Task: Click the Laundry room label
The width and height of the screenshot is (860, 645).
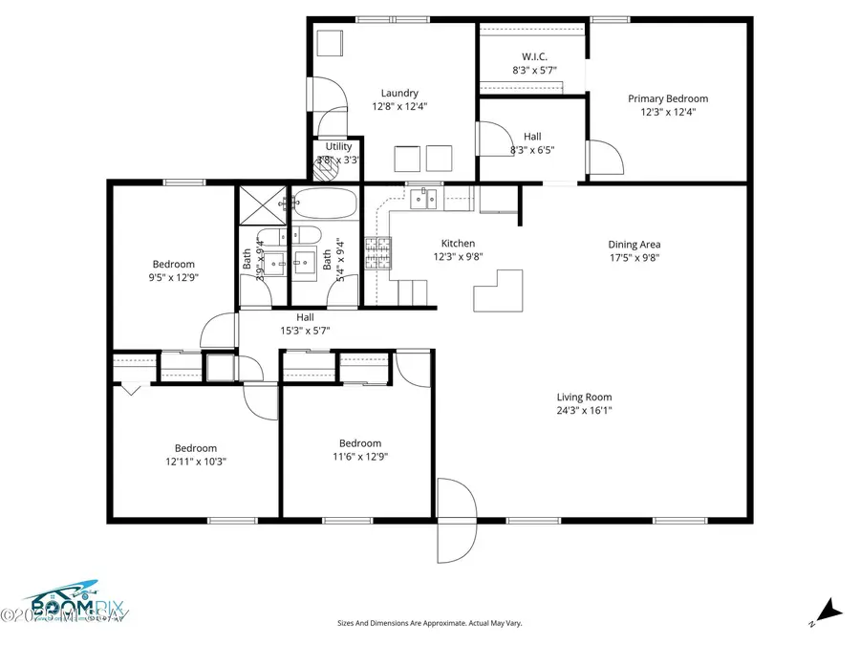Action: tap(399, 93)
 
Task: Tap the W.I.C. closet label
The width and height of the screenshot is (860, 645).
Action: tap(533, 56)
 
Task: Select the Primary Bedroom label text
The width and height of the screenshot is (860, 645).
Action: tap(667, 98)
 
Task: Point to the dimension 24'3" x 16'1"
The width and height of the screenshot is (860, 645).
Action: tap(584, 411)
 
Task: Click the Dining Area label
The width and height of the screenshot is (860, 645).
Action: tap(634, 244)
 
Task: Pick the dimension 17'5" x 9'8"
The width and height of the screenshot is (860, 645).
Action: tap(634, 257)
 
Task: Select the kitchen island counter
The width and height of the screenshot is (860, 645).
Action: tap(499, 289)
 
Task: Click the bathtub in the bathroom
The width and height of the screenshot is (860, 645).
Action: tap(325, 204)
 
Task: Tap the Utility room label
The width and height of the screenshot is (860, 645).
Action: tap(338, 146)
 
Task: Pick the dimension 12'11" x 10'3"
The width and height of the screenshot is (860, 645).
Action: tap(195, 461)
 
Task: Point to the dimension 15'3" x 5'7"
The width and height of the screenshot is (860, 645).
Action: tap(305, 331)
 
